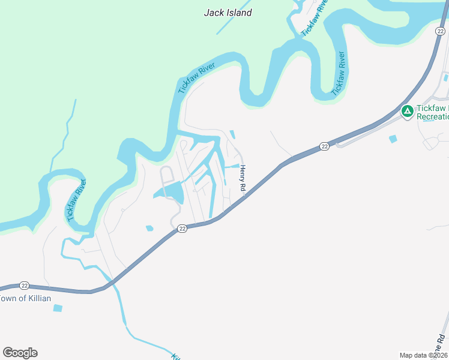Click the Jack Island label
pyautogui.click(x=228, y=12)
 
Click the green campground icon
pyautogui.click(x=407, y=111)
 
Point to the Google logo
pyautogui.click(x=20, y=353)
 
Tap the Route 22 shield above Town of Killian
pyautogui.click(x=24, y=286)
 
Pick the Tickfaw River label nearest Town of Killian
pyautogui.click(x=76, y=200)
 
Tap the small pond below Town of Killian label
pyautogui.click(x=58, y=308)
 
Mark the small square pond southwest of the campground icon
pyautogui.click(x=393, y=139)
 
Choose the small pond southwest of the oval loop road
pyautogui.click(x=149, y=228)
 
